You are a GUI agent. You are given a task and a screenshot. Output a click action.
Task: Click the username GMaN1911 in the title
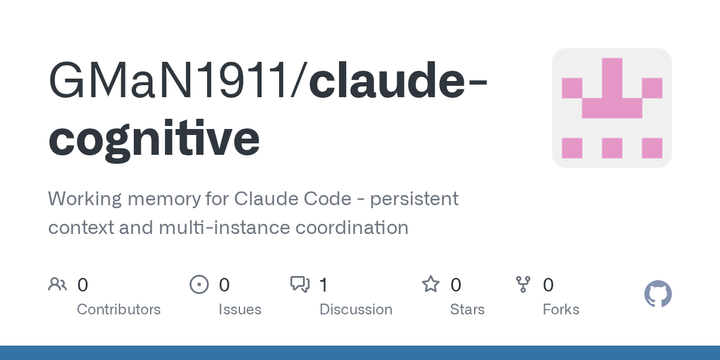[x=169, y=83]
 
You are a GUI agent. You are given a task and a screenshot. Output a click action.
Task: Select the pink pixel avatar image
[x=612, y=108]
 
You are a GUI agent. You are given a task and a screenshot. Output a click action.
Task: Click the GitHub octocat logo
[x=658, y=294]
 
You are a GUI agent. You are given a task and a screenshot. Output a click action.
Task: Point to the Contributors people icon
[x=57, y=285]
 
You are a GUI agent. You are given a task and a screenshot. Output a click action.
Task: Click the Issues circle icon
[x=199, y=285]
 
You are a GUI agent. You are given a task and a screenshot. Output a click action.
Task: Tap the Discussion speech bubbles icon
[x=299, y=285]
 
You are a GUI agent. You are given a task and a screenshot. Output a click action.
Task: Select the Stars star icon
[x=431, y=285]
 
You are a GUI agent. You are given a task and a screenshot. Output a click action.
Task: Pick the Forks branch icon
[x=523, y=285]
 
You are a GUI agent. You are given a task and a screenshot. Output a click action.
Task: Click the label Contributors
[x=119, y=309]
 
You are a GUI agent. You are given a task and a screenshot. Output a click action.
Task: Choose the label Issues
[x=240, y=309]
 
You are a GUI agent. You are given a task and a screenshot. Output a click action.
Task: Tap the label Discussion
[x=355, y=309]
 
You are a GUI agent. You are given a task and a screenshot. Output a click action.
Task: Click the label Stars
[x=467, y=309]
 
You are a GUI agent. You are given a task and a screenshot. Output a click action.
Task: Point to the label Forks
[x=561, y=309]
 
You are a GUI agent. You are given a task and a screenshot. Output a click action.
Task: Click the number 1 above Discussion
[x=324, y=285]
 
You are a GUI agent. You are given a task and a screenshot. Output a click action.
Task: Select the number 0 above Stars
[x=456, y=285]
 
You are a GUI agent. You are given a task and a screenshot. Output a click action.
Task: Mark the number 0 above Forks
[x=548, y=285]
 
